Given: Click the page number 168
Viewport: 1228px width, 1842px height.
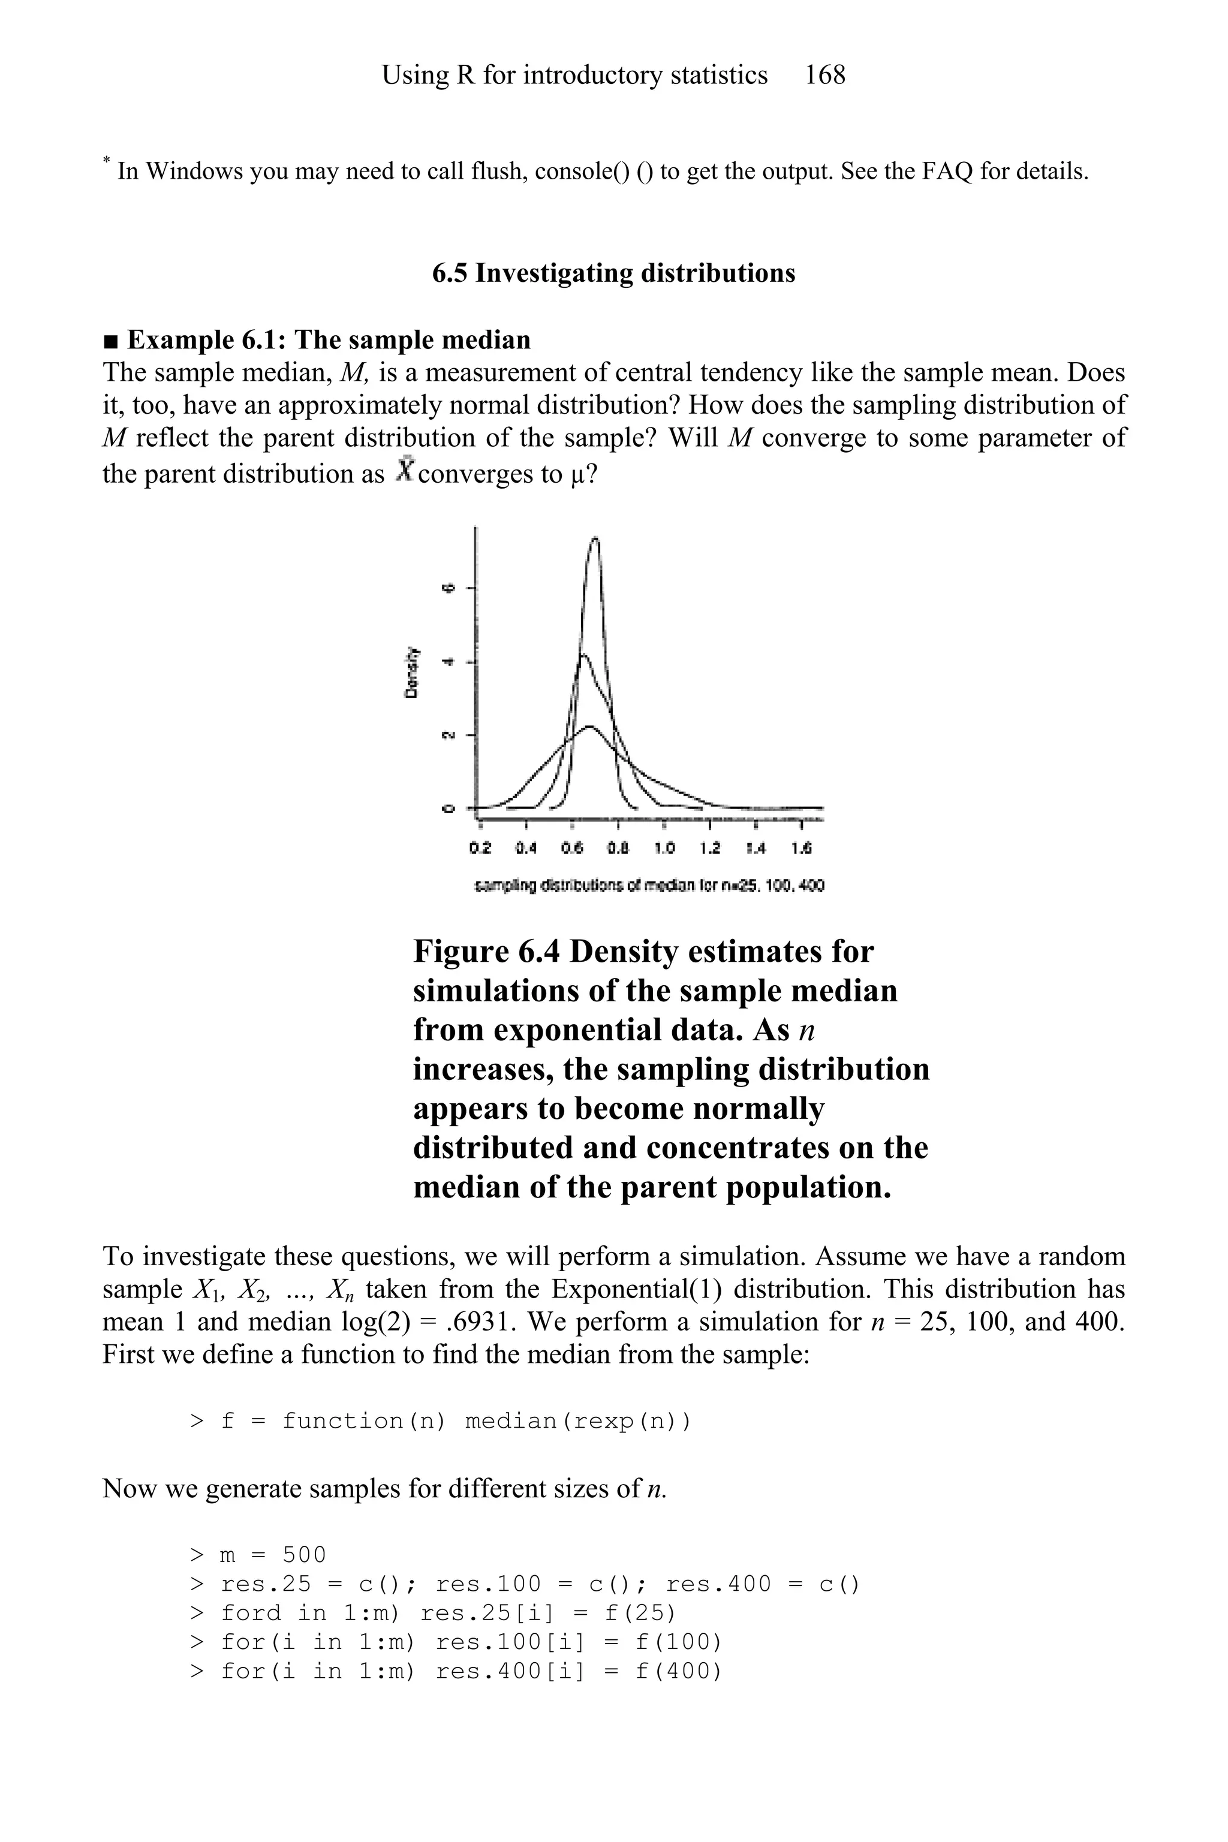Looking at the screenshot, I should tap(824, 75).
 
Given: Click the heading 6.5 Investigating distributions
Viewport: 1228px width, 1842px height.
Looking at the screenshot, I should tap(613, 273).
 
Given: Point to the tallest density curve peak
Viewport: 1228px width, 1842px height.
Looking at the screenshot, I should tap(595, 539).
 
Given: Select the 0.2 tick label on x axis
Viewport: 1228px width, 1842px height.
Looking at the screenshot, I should tap(480, 848).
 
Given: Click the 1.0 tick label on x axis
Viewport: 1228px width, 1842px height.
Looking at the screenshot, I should tap(664, 848).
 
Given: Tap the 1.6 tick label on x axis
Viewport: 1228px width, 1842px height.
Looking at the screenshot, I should tap(801, 848).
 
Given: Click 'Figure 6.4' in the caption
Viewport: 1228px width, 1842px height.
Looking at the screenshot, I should tap(486, 952).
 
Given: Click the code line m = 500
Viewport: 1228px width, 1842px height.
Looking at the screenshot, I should tap(258, 1555).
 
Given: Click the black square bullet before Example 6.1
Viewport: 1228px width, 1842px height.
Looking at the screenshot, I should tap(111, 341).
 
